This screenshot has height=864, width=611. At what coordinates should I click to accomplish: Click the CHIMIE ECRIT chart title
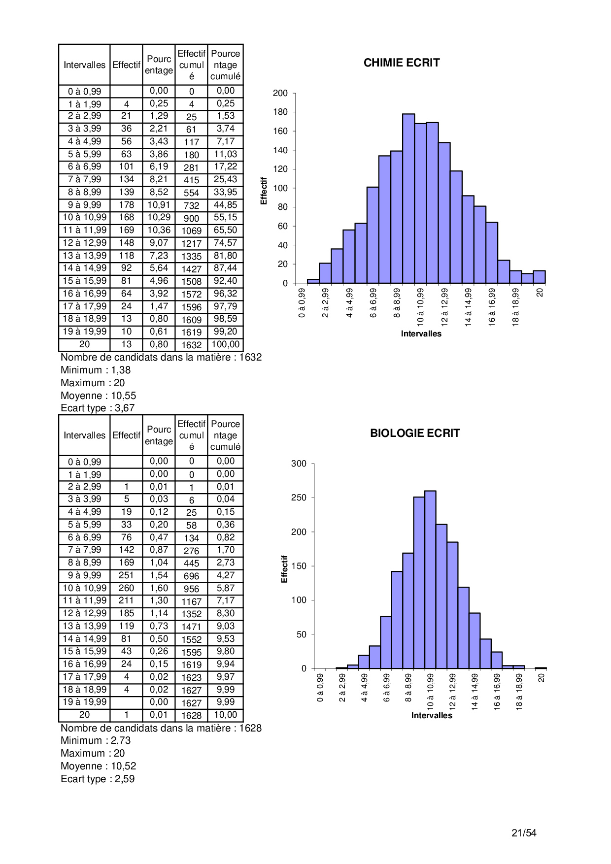(401, 63)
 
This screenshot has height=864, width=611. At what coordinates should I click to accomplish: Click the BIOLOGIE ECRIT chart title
(414, 433)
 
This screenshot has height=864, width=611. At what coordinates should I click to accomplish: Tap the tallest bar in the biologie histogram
(430, 579)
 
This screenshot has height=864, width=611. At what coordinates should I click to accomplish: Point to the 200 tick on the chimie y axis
(280, 93)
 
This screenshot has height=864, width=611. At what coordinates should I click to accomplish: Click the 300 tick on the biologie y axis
(299, 464)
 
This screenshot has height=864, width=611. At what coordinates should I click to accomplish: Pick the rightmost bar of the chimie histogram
(539, 277)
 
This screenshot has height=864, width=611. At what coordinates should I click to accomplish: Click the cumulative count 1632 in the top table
(191, 345)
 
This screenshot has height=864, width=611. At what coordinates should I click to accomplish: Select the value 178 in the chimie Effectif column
(126, 204)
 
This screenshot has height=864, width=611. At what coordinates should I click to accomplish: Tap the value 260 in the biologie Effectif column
(126, 588)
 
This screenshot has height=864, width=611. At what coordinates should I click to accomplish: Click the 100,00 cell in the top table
(225, 344)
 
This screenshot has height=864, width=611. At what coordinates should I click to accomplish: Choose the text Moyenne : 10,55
(98, 396)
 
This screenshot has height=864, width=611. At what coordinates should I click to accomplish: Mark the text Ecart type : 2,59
(98, 779)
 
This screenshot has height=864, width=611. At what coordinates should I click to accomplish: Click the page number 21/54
(524, 833)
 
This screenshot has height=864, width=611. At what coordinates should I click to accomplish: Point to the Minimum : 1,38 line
(96, 370)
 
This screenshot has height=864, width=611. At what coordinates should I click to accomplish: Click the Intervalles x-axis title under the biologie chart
(432, 715)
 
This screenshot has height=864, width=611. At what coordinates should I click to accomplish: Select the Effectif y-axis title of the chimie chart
(264, 191)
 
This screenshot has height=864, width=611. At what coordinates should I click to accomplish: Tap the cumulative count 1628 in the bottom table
(191, 715)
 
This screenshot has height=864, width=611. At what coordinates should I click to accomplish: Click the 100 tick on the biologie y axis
(299, 600)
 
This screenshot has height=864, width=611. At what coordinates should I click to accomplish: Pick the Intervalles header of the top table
(84, 65)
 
